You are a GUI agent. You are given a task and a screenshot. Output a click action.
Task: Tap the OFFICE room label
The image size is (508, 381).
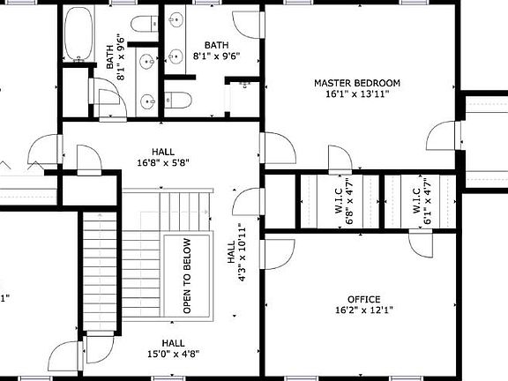[363, 299]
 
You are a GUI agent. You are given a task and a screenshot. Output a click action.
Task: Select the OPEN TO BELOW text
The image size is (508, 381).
[187, 277]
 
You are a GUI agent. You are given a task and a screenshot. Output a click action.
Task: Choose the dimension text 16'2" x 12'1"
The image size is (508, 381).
[363, 310]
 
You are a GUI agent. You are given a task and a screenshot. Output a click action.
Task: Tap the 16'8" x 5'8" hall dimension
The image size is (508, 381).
[163, 162]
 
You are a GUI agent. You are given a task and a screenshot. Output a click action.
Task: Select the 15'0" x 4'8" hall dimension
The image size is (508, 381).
[173, 354]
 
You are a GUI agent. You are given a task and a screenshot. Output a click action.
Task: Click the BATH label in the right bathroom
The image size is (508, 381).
[217, 45]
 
